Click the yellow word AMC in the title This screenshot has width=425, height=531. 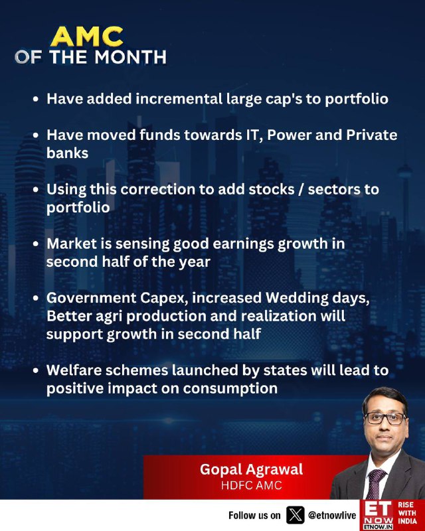(x=87, y=37)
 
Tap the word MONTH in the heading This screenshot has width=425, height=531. (x=130, y=57)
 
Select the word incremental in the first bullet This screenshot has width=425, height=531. (x=179, y=98)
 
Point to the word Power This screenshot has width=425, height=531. (x=289, y=135)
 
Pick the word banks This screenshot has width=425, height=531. (x=67, y=153)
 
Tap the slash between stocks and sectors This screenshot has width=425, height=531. (x=301, y=189)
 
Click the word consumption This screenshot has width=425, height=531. (x=230, y=388)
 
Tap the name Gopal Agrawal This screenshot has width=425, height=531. (x=251, y=469)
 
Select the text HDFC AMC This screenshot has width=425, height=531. (x=252, y=485)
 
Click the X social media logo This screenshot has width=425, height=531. (x=296, y=515)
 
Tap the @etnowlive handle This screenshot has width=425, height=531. (x=332, y=515)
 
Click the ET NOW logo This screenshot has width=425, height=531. (x=378, y=515)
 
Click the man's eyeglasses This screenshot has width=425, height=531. (x=385, y=419)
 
